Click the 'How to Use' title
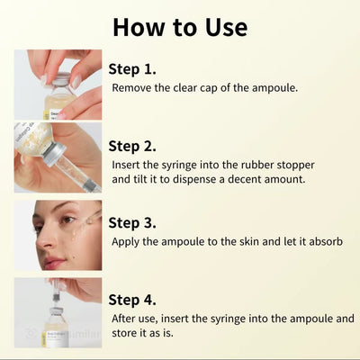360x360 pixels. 180,25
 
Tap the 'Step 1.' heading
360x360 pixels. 132,69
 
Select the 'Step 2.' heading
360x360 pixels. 132,146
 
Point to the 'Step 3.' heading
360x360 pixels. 132,222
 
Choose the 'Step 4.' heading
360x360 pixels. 132,300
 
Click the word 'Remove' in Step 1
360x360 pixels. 132,88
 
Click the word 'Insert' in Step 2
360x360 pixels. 127,166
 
